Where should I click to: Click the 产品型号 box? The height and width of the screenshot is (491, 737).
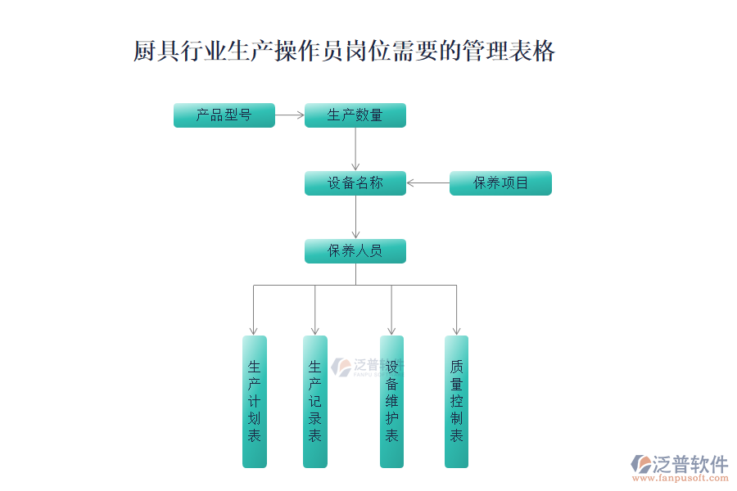point(224,115)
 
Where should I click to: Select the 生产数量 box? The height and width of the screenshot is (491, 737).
point(355,115)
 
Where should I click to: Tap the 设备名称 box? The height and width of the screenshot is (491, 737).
point(355,183)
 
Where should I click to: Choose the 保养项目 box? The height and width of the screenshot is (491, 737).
point(500,183)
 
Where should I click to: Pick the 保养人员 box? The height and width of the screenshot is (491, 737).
point(355,251)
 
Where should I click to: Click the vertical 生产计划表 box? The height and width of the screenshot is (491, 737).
point(255,402)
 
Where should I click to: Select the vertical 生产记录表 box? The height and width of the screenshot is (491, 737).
point(315,402)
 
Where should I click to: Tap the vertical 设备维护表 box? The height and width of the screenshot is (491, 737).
point(391,402)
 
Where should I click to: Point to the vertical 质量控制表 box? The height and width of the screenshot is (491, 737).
point(456,402)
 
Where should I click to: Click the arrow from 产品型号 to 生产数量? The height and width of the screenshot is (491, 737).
point(290,115)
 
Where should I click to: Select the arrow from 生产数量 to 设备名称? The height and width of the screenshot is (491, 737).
point(356,149)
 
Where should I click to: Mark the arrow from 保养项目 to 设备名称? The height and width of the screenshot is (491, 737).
point(427,183)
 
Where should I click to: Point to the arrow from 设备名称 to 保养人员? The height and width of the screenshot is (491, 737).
point(356,217)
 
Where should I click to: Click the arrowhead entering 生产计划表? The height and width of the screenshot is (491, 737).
point(253,331)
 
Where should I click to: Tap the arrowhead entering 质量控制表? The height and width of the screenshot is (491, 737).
point(456,331)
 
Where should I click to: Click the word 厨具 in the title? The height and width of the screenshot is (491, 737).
point(156,51)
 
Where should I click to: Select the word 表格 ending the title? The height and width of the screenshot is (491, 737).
point(532,51)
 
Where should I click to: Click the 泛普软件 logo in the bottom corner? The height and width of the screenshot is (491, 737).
point(680,464)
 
